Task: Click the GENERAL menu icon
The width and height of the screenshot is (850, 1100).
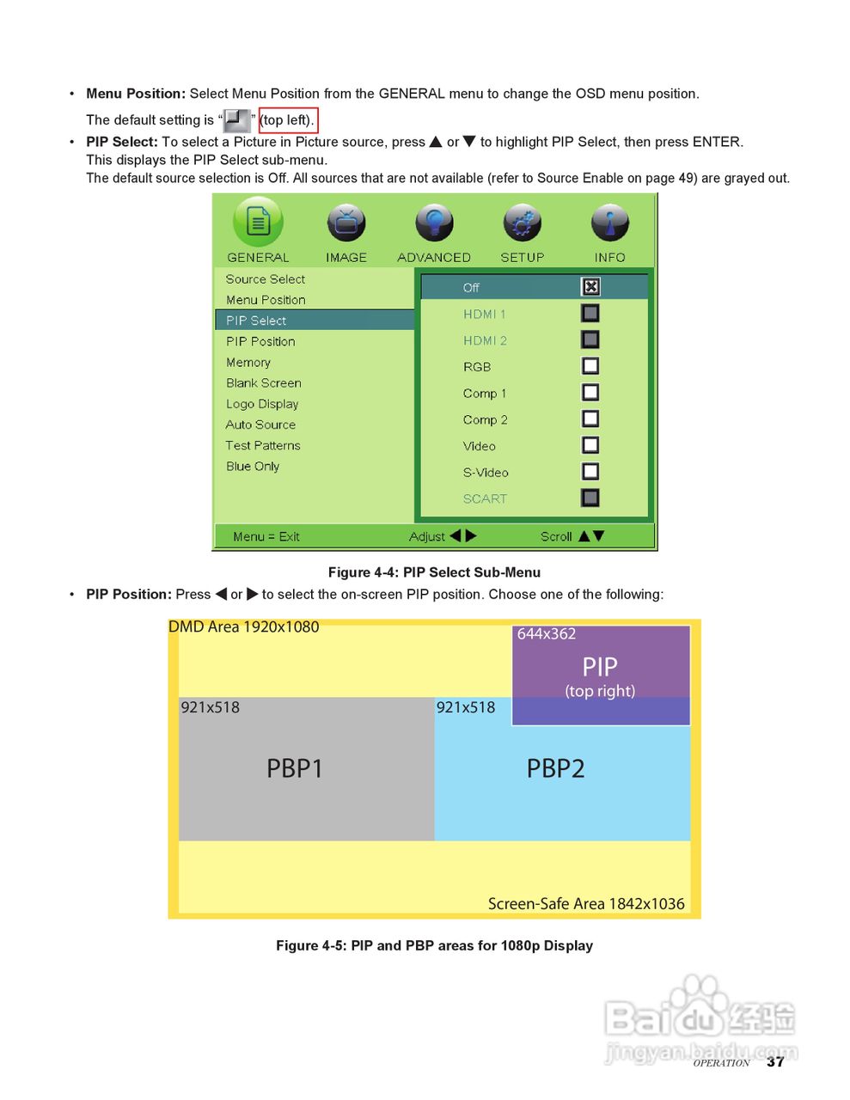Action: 258,222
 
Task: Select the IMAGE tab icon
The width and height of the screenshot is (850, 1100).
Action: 346,223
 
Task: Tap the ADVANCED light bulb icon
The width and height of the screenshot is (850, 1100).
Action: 434,223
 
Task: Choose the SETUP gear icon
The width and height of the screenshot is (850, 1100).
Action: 523,223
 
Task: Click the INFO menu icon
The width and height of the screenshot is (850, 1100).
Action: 610,223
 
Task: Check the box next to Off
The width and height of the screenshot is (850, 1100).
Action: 590,287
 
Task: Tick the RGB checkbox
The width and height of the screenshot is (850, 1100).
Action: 590,366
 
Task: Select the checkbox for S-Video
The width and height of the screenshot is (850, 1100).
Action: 590,472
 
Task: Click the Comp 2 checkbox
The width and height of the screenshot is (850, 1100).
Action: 590,419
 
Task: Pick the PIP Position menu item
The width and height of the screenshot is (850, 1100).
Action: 260,341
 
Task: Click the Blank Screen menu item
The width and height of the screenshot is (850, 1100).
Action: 263,383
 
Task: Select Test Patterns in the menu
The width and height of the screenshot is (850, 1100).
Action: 263,445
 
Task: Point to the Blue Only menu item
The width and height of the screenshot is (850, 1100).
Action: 253,466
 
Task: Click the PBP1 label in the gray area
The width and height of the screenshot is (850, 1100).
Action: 295,768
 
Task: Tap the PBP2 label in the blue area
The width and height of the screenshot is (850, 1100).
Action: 555,768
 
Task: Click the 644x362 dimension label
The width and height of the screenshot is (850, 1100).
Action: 547,634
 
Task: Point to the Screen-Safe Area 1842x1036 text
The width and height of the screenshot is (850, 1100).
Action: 586,903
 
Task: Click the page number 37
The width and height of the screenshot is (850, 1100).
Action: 775,1061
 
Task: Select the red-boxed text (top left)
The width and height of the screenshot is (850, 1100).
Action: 288,120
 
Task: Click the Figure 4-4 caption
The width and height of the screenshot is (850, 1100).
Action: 434,572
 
